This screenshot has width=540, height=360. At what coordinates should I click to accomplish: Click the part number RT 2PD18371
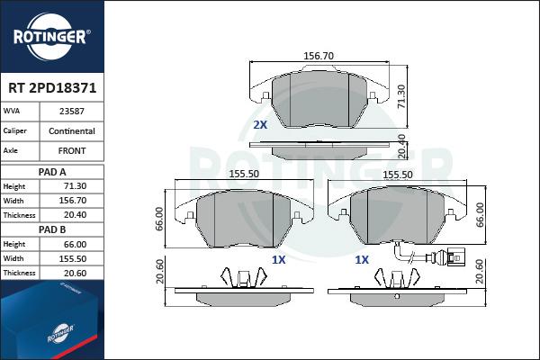pyautogui.click(x=52, y=88)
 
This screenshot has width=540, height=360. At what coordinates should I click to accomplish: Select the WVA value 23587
pyautogui.click(x=72, y=112)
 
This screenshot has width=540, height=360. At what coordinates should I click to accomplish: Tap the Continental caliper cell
pyautogui.click(x=72, y=131)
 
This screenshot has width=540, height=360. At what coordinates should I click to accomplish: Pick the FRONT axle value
pyautogui.click(x=72, y=151)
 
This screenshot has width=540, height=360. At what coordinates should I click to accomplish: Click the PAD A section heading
pyautogui.click(x=52, y=172)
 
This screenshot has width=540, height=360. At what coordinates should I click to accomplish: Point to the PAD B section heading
pyautogui.click(x=52, y=229)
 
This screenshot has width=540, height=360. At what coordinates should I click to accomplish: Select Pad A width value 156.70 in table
pyautogui.click(x=73, y=201)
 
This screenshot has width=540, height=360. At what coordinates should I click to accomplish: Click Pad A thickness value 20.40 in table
pyautogui.click(x=75, y=215)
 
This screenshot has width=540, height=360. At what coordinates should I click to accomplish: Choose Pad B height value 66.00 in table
pyautogui.click(x=75, y=244)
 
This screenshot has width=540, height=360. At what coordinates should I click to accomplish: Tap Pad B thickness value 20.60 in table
pyautogui.click(x=75, y=274)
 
